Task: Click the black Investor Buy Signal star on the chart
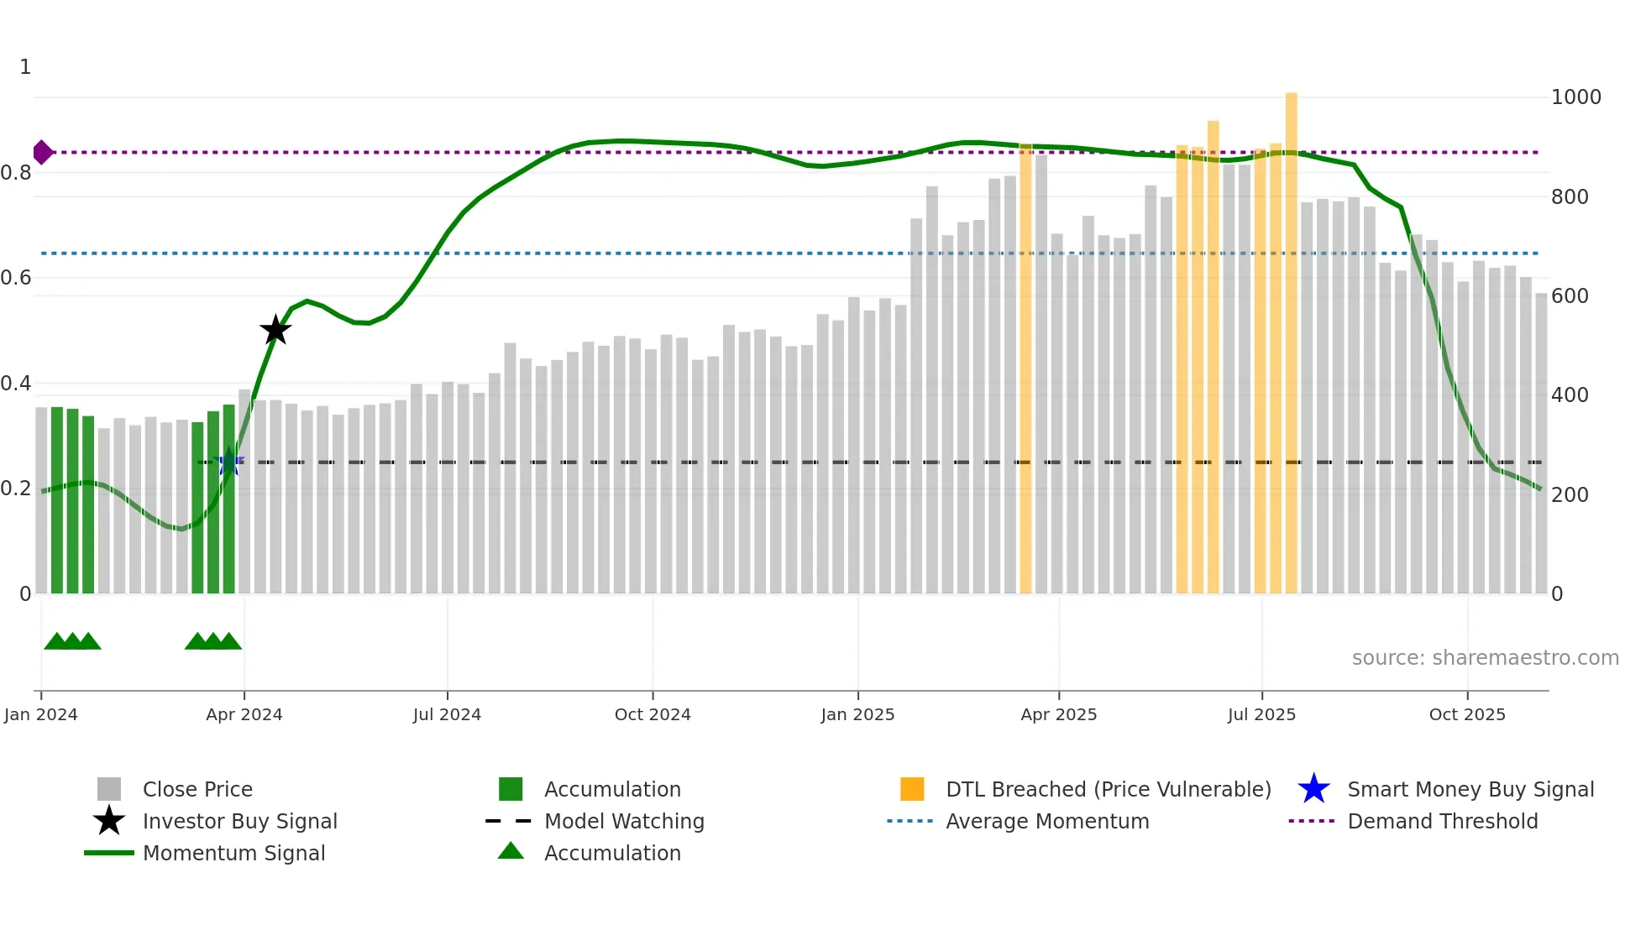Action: click(275, 330)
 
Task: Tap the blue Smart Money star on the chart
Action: click(228, 462)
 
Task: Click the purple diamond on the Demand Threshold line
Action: click(42, 152)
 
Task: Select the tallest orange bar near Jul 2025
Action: click(1291, 336)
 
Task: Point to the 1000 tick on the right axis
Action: click(1575, 97)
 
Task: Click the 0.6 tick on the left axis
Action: click(17, 278)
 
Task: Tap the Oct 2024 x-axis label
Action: click(653, 714)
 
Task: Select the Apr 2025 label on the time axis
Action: click(1058, 714)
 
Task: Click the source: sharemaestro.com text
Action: click(1485, 657)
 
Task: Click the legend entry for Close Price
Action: click(197, 789)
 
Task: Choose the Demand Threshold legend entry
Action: click(1442, 821)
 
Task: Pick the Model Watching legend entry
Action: click(624, 821)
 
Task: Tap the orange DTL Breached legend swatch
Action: click(912, 789)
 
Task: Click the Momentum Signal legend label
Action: click(233, 853)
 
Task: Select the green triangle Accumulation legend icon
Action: click(511, 851)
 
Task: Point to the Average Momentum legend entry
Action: click(1047, 821)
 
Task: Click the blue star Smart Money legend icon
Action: click(1313, 789)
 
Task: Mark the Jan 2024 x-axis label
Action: click(40, 714)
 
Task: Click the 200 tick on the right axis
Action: click(1570, 494)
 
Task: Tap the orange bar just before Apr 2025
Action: click(1025, 369)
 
